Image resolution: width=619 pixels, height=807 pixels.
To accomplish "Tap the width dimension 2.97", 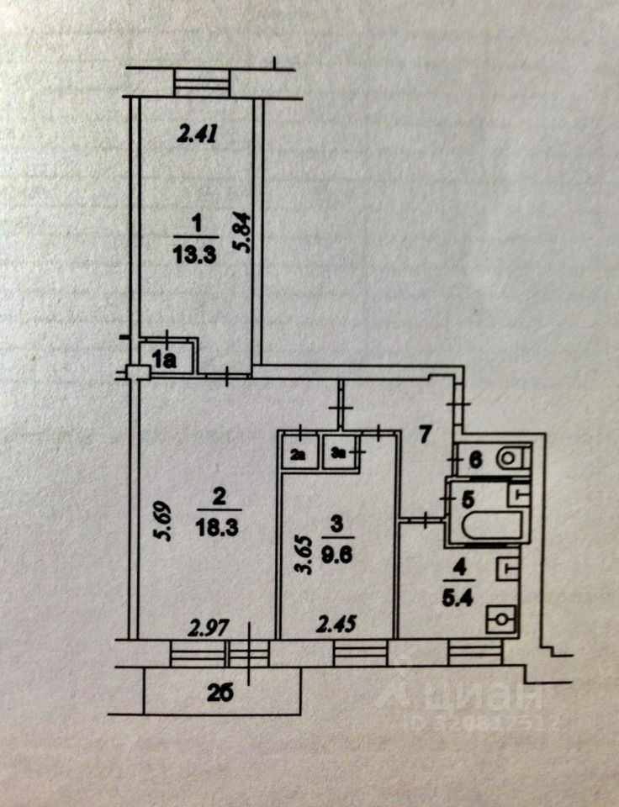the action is (209, 627).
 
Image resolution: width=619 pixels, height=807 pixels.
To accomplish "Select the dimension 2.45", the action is (335, 625).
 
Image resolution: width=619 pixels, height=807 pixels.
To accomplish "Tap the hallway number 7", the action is (426, 435).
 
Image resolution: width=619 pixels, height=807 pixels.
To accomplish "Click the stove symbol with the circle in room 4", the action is (502, 620).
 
